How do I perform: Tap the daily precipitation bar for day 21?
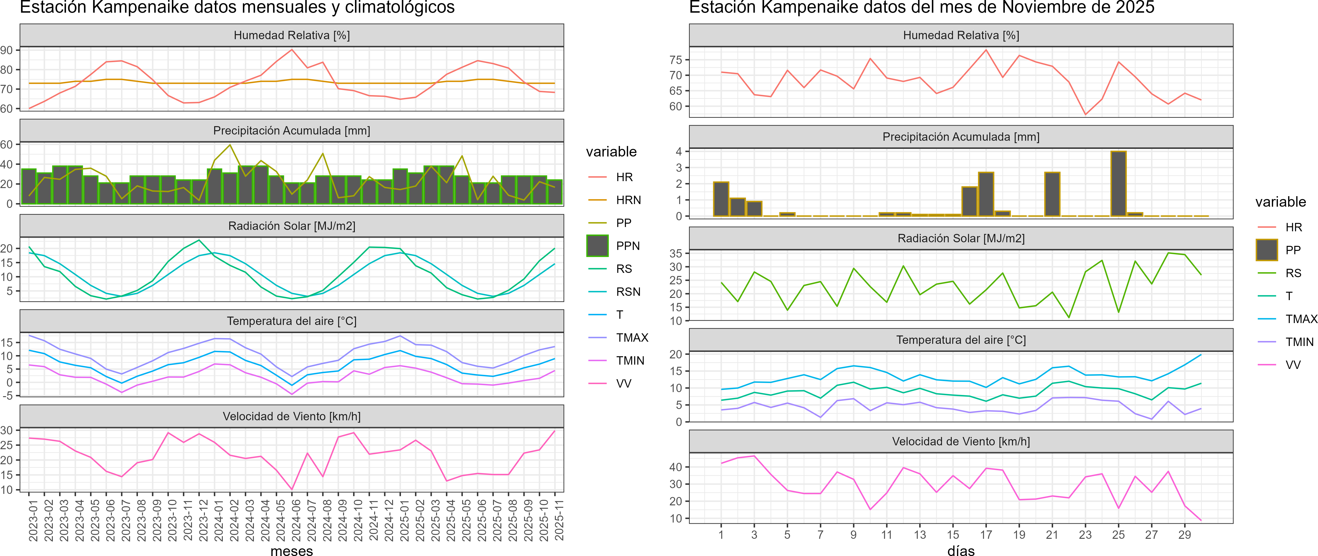(x=1052, y=194)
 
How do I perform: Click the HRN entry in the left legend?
(x=628, y=200)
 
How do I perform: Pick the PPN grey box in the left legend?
(x=597, y=246)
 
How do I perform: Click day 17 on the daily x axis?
(x=986, y=535)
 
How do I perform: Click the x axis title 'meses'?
(x=292, y=550)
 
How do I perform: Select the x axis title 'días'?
(x=961, y=550)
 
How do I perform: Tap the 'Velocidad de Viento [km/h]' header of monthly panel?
(x=292, y=416)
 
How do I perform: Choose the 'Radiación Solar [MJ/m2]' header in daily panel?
(x=961, y=238)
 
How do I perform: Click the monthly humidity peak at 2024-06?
(x=292, y=50)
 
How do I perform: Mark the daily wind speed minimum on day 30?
(x=1201, y=520)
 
